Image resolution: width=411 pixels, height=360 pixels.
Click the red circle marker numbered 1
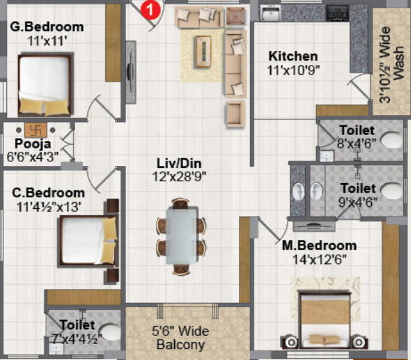pyautogui.click(x=149, y=9)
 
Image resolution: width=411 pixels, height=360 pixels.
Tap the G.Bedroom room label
pyautogui.click(x=47, y=27)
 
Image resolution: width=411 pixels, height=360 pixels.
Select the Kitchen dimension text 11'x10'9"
pyautogui.click(x=293, y=69)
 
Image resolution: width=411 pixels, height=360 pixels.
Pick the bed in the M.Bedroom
pyautogui.click(x=322, y=319)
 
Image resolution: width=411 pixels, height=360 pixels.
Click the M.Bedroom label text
pyautogui.click(x=319, y=246)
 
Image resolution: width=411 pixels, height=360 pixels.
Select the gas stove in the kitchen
pyautogui.click(x=337, y=12)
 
